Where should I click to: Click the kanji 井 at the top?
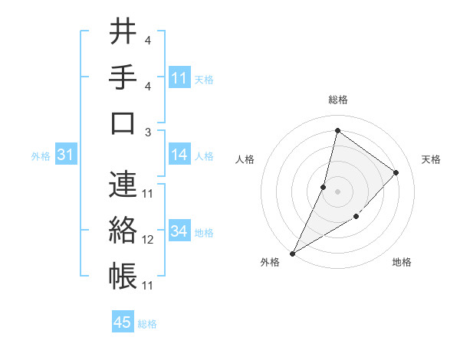tap(123, 32)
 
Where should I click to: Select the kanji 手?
tap(123, 77)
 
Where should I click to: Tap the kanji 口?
tap(123, 123)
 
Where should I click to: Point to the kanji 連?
tap(123, 185)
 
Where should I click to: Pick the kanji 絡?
tap(123, 231)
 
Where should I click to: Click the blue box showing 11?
tap(179, 78)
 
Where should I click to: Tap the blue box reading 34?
tap(179, 231)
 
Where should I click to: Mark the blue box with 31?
tap(66, 155)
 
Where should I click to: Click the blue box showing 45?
tap(123, 322)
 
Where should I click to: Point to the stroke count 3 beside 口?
tap(148, 133)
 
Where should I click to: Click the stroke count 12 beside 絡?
tap(148, 240)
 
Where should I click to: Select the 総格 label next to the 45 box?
tap(147, 324)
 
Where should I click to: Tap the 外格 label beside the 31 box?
tap(41, 156)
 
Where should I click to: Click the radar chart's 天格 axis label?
tap(432, 159)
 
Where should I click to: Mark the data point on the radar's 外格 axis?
tap(292, 254)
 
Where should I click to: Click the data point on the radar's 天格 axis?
tap(396, 172)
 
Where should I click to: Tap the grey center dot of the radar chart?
tap(337, 191)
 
